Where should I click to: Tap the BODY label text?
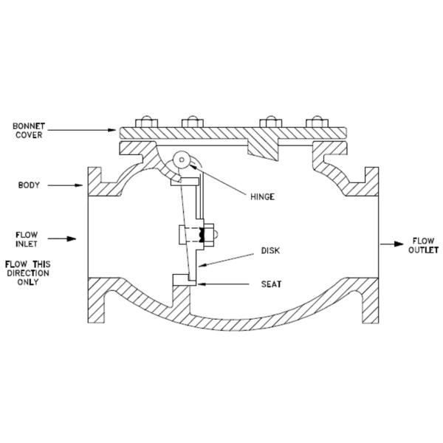click(29, 185)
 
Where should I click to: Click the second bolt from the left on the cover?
click(193, 121)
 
